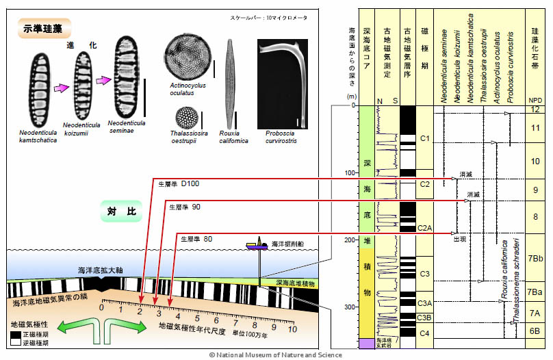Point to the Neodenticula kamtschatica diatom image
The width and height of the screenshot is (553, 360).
point(40,89)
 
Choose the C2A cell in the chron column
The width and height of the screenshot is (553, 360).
point(424,227)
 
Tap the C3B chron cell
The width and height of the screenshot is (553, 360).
point(424,318)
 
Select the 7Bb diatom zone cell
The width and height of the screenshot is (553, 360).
point(535,259)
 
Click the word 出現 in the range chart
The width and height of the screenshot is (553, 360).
point(459,240)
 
